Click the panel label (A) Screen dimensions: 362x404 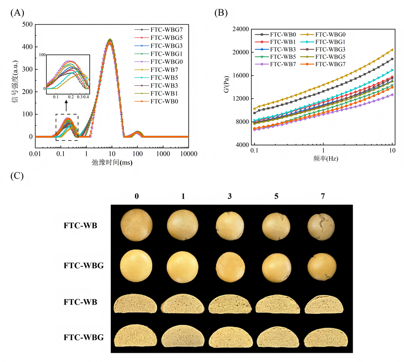(17, 13)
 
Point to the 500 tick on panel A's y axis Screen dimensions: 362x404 (27, 24)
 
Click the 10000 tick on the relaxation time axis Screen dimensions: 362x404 (188, 154)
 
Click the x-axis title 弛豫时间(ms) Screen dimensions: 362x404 (112, 163)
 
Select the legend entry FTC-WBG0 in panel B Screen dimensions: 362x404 (330, 35)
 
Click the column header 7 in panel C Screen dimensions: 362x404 (322, 196)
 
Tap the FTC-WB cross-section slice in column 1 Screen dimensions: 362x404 (184, 304)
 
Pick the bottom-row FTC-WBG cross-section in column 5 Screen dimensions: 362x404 (276, 337)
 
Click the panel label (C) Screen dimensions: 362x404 (17, 177)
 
